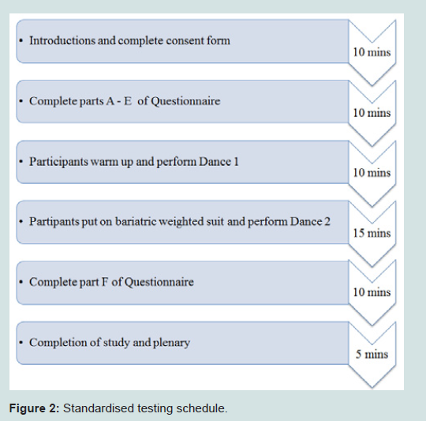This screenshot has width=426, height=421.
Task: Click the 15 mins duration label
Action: tap(372, 233)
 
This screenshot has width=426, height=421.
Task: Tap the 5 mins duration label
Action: tap(372, 354)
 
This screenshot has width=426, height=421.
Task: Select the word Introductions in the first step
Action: tap(63, 40)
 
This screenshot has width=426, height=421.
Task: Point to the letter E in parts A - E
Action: tap(128, 101)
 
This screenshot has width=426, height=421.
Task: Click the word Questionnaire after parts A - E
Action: tap(185, 101)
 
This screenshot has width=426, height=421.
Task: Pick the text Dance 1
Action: tap(219, 162)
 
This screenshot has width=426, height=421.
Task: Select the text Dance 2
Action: tap(310, 222)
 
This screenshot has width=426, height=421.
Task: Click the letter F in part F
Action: tap(104, 282)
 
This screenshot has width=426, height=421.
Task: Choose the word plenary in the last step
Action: tap(171, 343)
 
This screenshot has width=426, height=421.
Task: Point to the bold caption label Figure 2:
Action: tap(34, 408)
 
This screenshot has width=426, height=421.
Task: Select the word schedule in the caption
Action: tap(202, 408)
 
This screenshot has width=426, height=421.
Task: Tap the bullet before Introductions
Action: tap(21, 41)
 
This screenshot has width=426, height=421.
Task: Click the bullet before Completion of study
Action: tap(21, 343)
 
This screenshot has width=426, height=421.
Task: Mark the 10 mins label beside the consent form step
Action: tap(372, 52)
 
